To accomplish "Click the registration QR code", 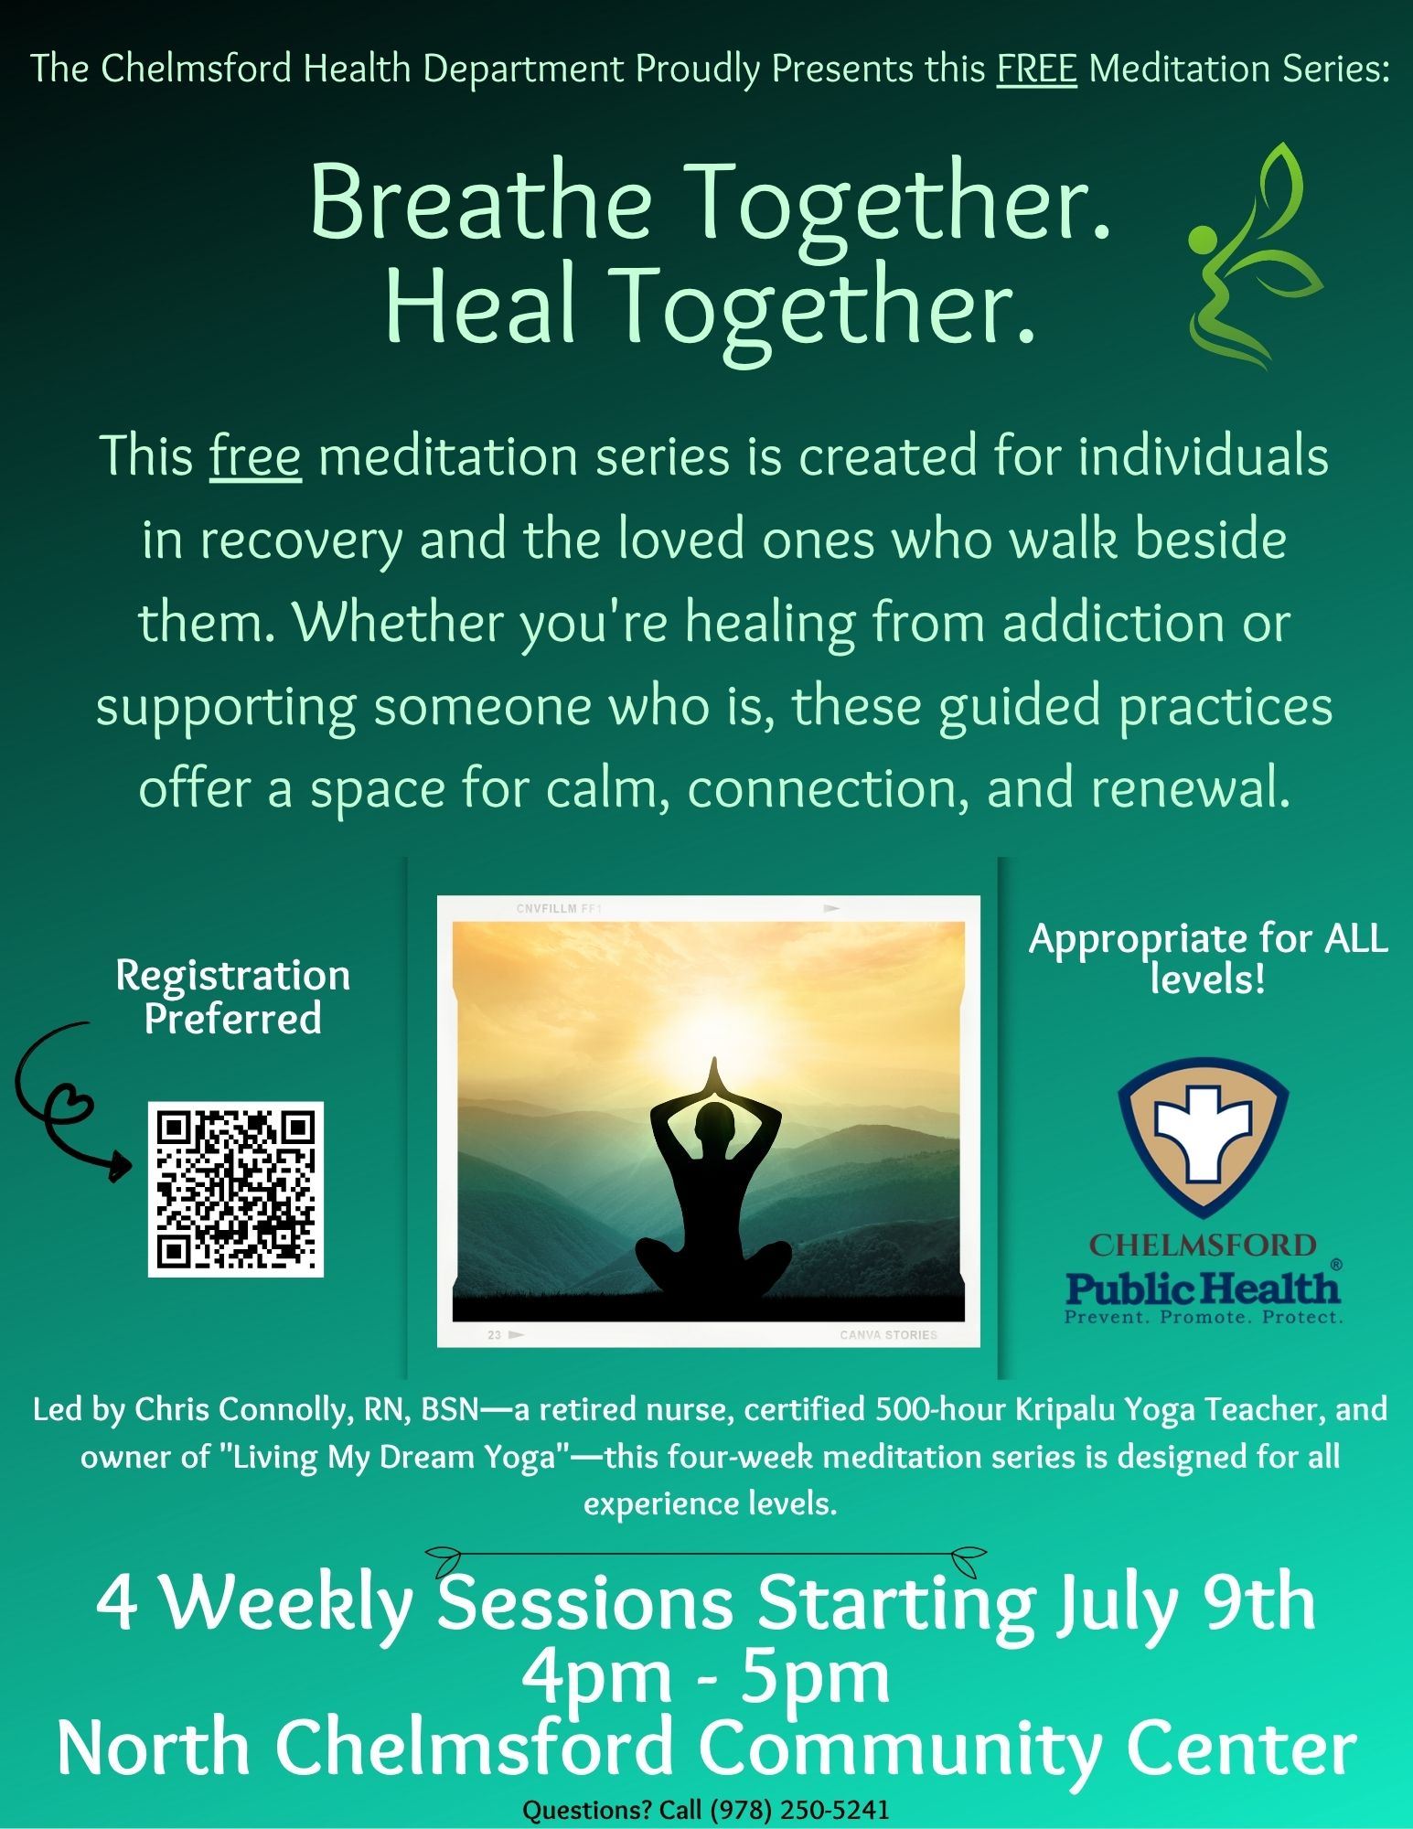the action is click(x=236, y=1189).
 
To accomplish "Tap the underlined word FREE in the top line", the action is click(x=1037, y=69).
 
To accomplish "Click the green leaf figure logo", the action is click(x=1254, y=256).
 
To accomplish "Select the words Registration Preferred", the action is click(x=233, y=997).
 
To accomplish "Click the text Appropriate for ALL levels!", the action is click(x=1208, y=958).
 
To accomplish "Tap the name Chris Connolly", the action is click(x=242, y=1409).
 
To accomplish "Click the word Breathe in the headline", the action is click(x=480, y=200).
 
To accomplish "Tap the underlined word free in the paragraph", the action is click(x=255, y=455).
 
